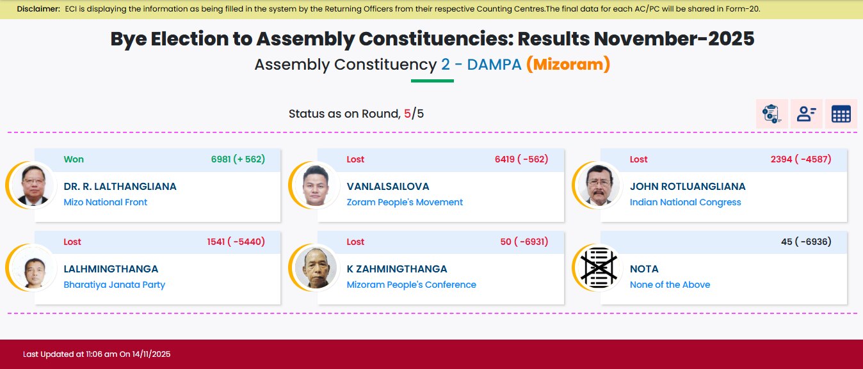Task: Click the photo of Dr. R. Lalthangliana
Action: [x=33, y=185]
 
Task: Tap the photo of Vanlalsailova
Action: [x=316, y=185]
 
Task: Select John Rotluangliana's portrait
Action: [x=599, y=185]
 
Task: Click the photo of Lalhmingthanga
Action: [x=33, y=268]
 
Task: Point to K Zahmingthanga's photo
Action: [x=316, y=268]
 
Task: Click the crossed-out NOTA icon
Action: [x=599, y=268]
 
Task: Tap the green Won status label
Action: [x=74, y=159]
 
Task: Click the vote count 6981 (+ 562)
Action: [x=238, y=159]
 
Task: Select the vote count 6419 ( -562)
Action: [x=521, y=159]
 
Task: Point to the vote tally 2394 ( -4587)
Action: [x=801, y=159]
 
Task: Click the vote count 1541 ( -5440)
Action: [x=236, y=242]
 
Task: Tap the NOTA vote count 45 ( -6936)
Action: [x=806, y=242]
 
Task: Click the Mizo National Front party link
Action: [x=105, y=202]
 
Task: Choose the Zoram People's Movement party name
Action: [x=405, y=202]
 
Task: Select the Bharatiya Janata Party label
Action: [x=114, y=285]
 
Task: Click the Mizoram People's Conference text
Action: [x=411, y=285]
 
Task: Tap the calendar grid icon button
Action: [x=841, y=114]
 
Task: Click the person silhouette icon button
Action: [x=807, y=114]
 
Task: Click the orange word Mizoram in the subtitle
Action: [x=569, y=64]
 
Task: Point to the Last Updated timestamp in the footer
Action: [x=97, y=354]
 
